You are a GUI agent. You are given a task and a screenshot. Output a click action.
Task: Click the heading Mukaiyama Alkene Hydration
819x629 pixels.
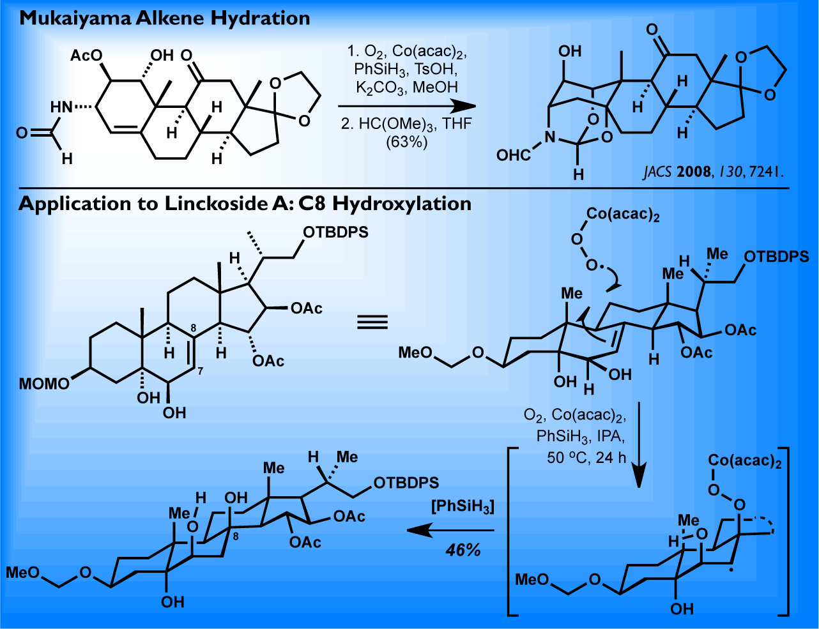pos(165,17)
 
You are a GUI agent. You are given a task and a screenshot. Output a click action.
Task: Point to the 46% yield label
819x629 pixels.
pos(463,549)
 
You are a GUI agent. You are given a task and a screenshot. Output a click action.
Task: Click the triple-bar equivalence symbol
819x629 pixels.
pos(372,321)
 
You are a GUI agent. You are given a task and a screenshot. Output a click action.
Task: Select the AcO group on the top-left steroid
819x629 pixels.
pos(86,56)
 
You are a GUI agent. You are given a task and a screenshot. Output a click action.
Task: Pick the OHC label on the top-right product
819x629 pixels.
pos(514,155)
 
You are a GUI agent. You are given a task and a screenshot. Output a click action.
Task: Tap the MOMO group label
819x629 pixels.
pos(44,384)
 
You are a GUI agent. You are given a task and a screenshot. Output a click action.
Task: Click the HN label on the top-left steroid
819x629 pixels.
pos(62,107)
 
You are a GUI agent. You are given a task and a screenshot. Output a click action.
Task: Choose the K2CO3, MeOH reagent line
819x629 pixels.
pos(407,87)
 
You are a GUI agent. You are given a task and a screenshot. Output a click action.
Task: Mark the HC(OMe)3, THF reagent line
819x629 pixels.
pos(407,123)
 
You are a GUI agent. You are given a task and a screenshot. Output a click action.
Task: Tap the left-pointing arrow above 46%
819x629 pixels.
pos(450,530)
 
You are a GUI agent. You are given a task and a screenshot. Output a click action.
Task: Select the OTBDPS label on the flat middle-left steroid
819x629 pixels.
pos(336,232)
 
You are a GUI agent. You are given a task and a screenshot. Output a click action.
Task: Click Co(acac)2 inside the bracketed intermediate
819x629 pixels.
pos(745,461)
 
